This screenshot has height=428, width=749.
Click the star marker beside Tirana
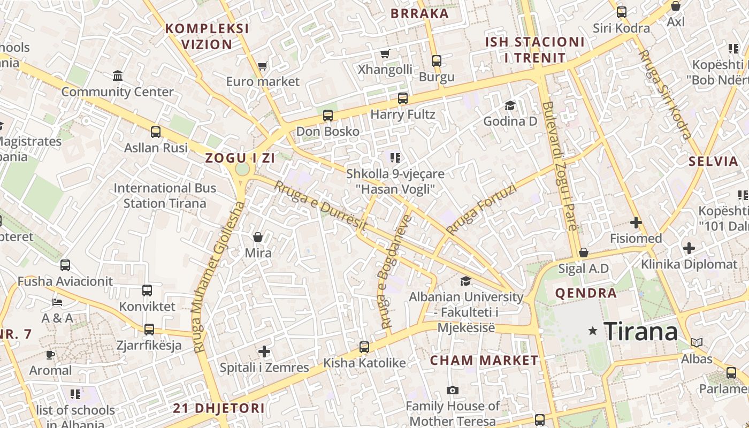[593, 331]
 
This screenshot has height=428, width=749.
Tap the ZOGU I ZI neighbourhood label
[240, 158]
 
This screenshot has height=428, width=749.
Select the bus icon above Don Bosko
[328, 116]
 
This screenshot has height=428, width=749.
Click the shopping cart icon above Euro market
[262, 66]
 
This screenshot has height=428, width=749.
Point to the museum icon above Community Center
[118, 76]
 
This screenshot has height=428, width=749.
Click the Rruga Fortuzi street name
[481, 209]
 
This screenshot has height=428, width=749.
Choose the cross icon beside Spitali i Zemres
[264, 351]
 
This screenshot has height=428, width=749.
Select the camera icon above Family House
[453, 390]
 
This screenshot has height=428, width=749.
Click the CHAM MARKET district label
[484, 361]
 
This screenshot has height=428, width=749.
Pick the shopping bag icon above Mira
[258, 237]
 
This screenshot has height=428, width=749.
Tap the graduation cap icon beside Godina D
[510, 105]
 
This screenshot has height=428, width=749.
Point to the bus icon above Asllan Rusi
[156, 132]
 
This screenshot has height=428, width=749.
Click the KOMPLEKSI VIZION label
[207, 36]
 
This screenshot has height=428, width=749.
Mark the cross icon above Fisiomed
[636, 223]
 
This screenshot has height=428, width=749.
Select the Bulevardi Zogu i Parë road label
[559, 166]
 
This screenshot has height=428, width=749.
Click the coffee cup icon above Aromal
[50, 354]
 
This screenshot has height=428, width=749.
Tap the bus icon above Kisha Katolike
[364, 347]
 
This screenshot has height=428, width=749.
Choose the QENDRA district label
[586, 293]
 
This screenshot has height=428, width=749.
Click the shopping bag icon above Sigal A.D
[584, 253]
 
